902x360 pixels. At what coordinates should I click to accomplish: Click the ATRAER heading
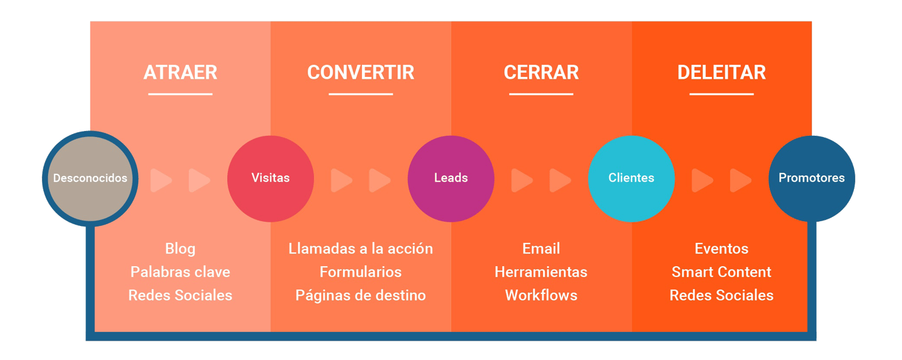pos(180,73)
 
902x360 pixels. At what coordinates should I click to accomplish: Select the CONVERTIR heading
pos(361,73)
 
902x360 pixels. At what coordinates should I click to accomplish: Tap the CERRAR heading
pos(541,73)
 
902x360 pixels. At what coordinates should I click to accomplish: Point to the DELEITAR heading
pos(722,73)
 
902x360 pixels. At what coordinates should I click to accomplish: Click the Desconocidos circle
pos(90,178)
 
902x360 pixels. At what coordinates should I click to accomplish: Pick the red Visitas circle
pos(271,178)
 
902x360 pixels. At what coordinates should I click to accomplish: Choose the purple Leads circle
pos(451,178)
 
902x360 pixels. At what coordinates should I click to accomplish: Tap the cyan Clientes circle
pos(631,178)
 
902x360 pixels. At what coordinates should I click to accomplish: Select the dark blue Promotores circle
pos(812,178)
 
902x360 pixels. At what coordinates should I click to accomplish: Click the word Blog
pos(180,249)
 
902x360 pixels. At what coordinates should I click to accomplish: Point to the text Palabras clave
pos(180,272)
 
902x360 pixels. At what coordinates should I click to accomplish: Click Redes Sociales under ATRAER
pos(180,296)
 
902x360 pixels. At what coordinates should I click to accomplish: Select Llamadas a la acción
pos(361,249)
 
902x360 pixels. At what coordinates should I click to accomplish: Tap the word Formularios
pos(361,272)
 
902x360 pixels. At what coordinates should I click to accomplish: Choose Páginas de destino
pos(361,296)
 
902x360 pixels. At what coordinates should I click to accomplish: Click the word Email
pos(541,249)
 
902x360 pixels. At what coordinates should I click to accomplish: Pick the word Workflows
pos(541,296)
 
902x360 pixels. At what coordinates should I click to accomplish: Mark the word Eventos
pos(722,249)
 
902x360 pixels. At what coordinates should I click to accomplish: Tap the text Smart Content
pos(722,272)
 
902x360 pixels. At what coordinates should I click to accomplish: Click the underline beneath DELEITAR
pos(722,94)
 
